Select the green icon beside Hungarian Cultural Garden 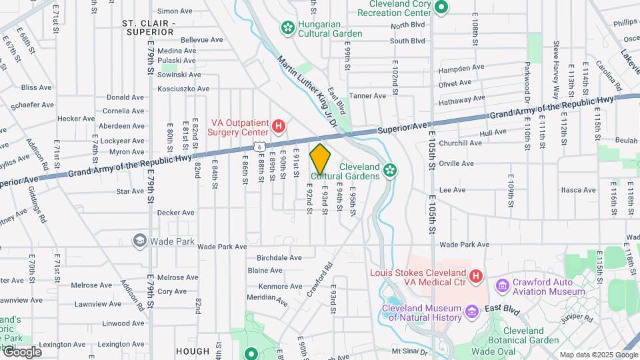tap(287, 27)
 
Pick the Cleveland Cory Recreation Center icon tap(441, 7)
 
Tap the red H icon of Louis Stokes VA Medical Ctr tap(476, 275)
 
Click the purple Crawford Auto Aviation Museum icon tap(503, 285)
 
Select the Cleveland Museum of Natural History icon tap(471, 311)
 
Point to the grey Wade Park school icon tap(140, 240)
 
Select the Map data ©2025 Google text tap(598, 355)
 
